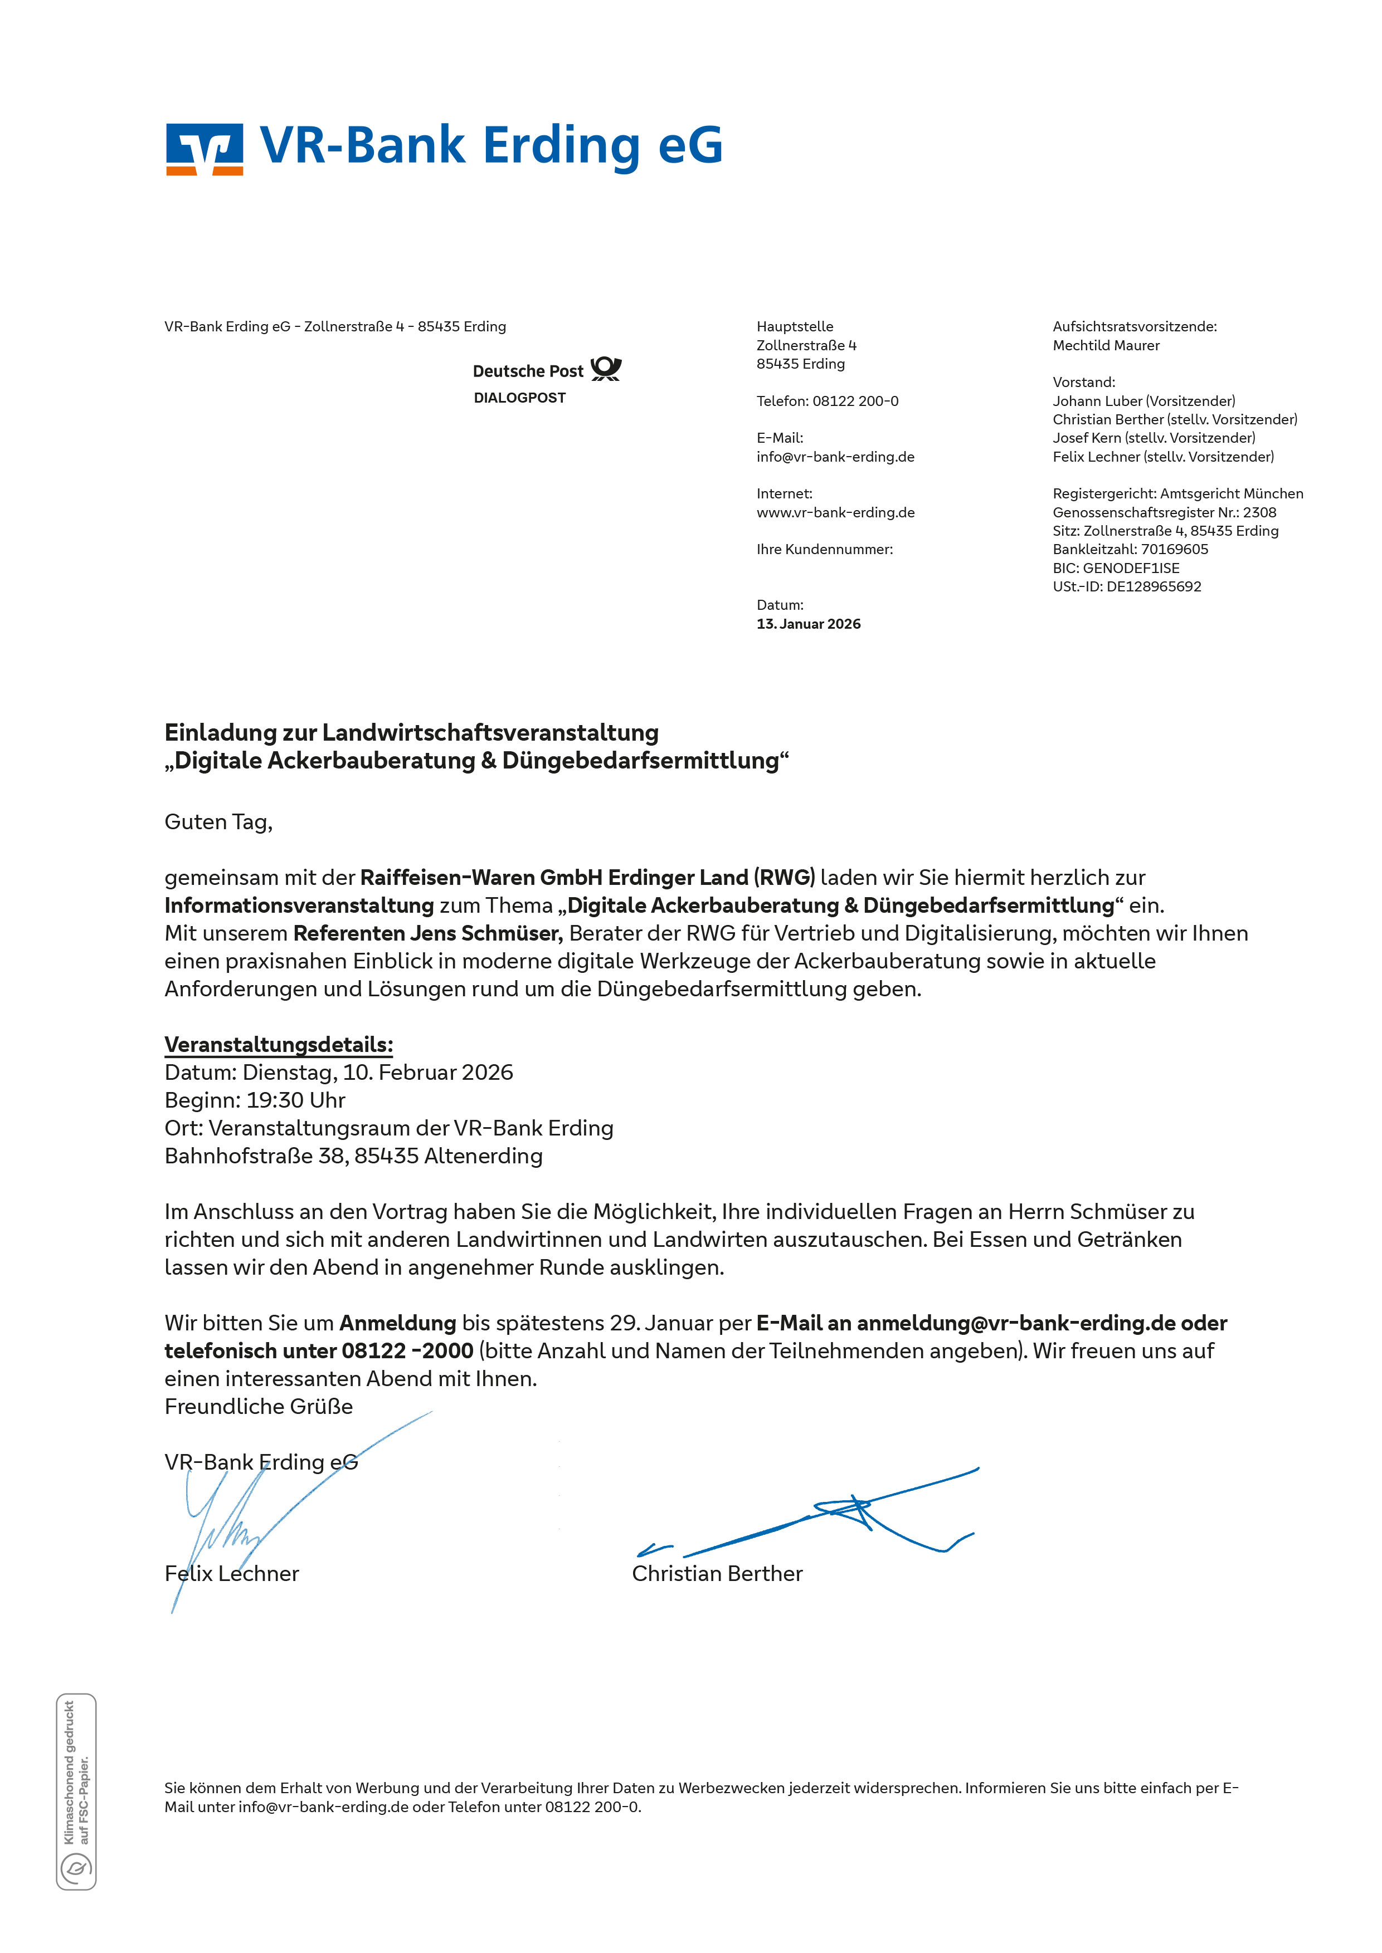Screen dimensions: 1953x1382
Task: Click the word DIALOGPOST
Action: [519, 398]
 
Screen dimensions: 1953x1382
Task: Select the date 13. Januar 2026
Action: [809, 624]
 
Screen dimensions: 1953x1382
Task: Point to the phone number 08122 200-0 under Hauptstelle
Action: [855, 402]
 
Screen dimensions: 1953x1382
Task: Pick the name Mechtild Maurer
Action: [1106, 345]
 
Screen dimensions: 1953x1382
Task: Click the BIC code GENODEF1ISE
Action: [1131, 568]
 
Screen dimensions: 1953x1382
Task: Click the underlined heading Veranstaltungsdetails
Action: [278, 1045]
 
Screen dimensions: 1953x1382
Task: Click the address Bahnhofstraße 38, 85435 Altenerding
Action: [353, 1157]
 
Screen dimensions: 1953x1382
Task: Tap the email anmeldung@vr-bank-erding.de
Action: [1016, 1324]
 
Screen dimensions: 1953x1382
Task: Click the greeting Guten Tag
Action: [218, 823]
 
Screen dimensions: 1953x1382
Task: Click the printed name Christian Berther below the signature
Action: [717, 1574]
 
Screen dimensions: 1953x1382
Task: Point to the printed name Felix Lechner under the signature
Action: [231, 1574]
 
